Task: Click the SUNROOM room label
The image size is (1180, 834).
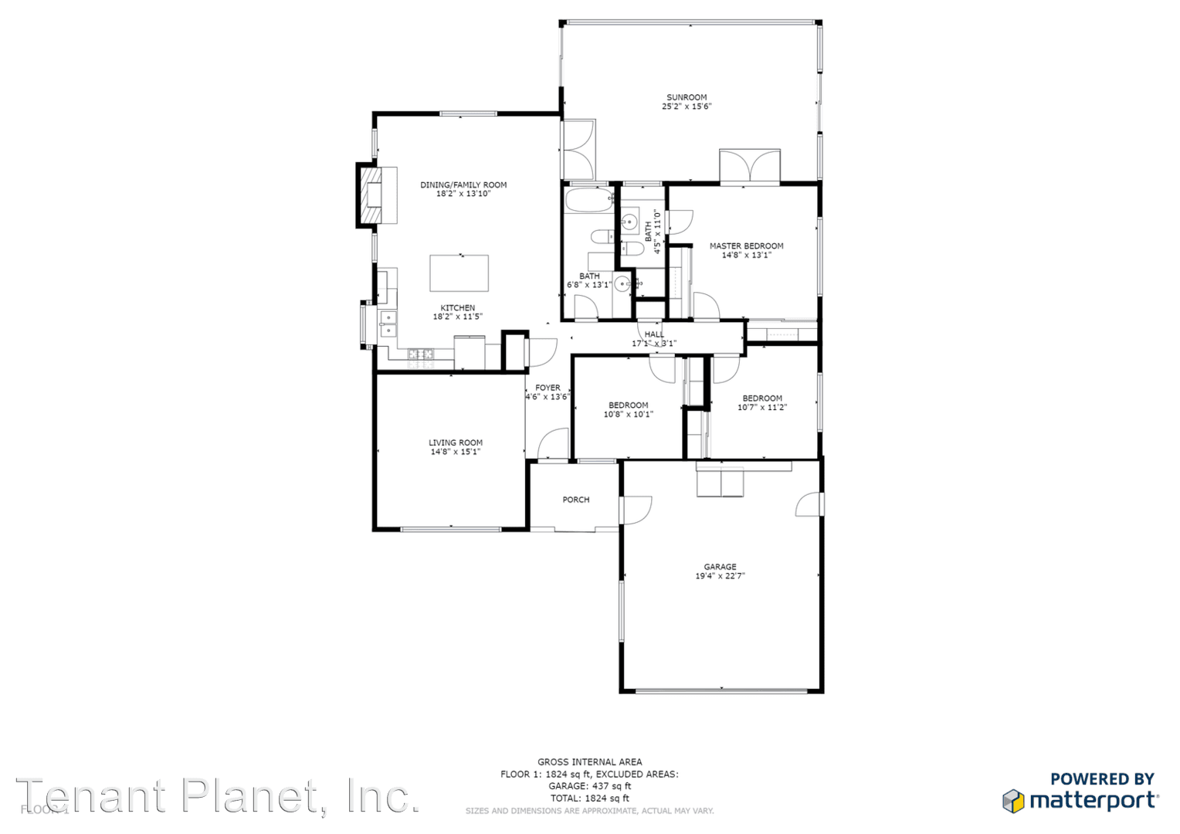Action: (687, 97)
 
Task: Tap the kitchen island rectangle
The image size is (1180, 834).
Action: (459, 273)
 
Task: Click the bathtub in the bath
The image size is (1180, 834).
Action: (589, 200)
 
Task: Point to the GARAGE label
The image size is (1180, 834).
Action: (720, 567)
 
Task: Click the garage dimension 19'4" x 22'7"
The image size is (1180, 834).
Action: (720, 576)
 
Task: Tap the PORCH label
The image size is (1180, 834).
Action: (575, 500)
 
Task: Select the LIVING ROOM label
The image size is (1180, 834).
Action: (456, 442)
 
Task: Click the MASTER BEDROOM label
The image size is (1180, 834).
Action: (746, 246)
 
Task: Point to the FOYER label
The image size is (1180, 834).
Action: (548, 388)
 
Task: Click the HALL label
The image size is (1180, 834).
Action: (654, 334)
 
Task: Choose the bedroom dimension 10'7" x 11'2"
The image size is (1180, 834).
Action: (762, 408)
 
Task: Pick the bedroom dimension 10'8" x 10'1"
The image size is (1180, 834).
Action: (628, 415)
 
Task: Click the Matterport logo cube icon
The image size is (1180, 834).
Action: (1013, 801)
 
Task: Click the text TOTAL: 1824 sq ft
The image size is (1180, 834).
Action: (589, 798)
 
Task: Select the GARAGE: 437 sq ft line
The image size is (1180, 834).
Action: (589, 786)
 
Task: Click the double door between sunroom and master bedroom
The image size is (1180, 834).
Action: (749, 166)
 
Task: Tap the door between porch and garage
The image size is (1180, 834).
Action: (635, 510)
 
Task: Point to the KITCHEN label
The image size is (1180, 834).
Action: (458, 307)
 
